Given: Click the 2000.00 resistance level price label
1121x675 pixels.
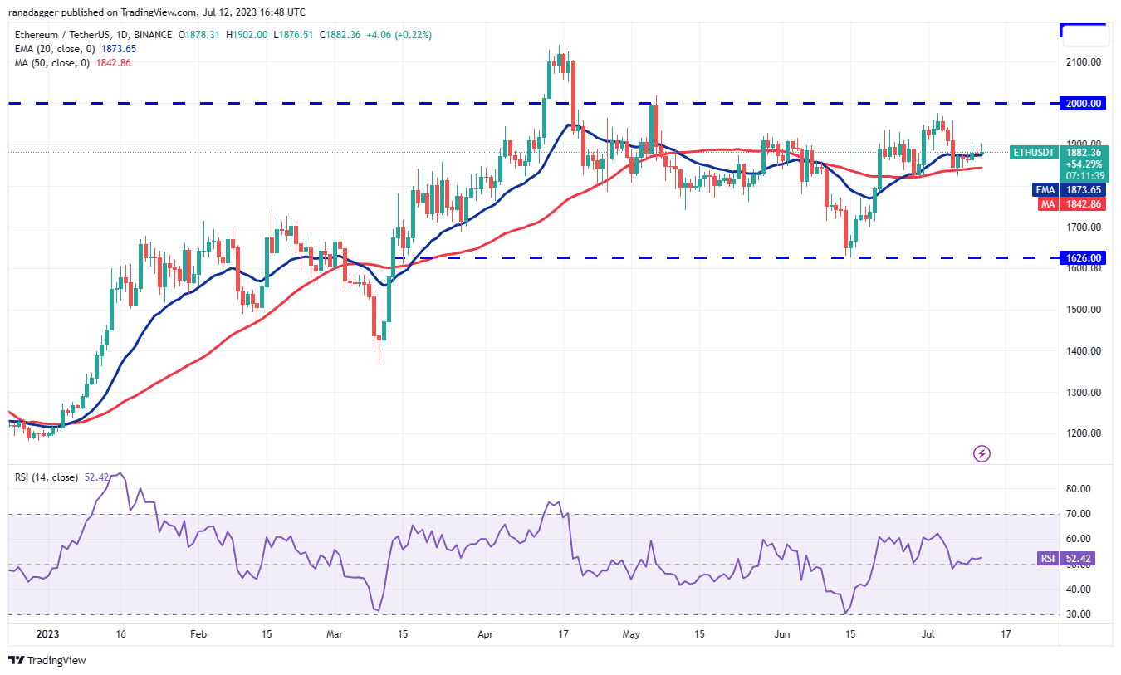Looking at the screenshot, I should (x=1084, y=104).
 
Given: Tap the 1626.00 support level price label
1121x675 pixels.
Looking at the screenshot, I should (x=1084, y=258).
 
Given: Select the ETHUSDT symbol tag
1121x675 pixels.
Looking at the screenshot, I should (x=1032, y=153).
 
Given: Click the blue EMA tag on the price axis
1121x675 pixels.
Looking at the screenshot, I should (x=1045, y=189).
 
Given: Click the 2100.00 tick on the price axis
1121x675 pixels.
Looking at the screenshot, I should (x=1084, y=62).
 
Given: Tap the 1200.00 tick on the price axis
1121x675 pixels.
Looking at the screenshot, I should (x=1084, y=433).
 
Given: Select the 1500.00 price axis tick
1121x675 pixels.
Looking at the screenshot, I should (x=1084, y=310).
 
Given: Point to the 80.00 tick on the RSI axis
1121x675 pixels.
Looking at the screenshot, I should (x=1078, y=489).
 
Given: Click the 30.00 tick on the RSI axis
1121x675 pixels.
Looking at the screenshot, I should (x=1078, y=614).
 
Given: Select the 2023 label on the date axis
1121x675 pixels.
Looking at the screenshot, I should (x=48, y=633).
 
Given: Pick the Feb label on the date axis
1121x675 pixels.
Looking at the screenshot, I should (x=198, y=633).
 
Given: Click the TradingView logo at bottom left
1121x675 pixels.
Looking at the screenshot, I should (x=47, y=661).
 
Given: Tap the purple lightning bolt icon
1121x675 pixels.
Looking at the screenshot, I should (x=981, y=453).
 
